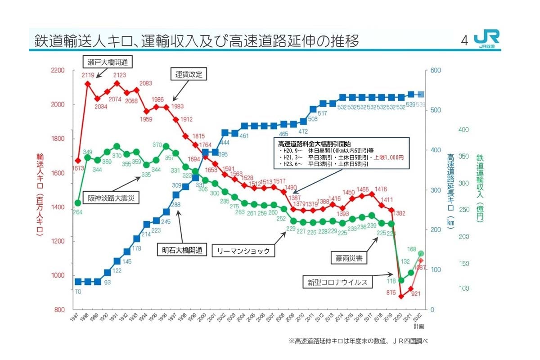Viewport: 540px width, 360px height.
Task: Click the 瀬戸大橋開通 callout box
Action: [x=104, y=62]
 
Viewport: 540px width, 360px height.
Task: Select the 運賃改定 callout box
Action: [x=189, y=74]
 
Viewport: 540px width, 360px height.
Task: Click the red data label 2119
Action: [x=88, y=76]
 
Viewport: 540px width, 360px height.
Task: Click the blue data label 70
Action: [x=78, y=291]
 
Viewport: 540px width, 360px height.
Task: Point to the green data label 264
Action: [x=77, y=212]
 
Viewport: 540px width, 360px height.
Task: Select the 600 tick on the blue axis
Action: [x=435, y=71]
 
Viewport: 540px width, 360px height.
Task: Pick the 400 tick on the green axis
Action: [x=463, y=130]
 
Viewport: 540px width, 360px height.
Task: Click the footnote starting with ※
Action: [x=358, y=341]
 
